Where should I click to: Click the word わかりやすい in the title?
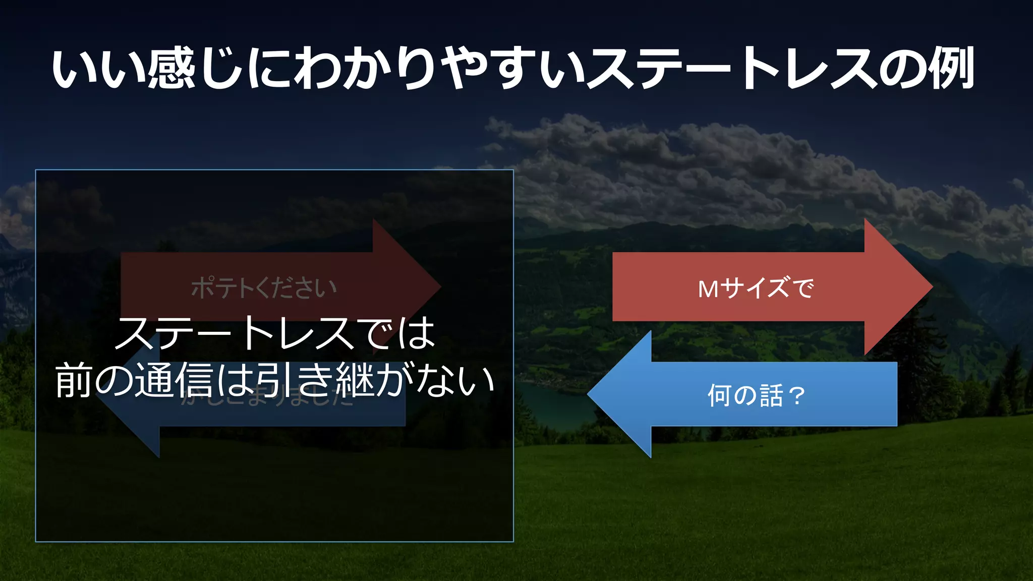pos(439,69)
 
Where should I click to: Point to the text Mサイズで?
pos(756,288)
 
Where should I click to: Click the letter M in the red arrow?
pos(708,289)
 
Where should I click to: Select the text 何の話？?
pos(756,395)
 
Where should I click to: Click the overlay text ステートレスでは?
pos(275,334)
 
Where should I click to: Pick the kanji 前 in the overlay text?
pos(74,381)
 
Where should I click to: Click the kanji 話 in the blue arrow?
pos(771,395)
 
